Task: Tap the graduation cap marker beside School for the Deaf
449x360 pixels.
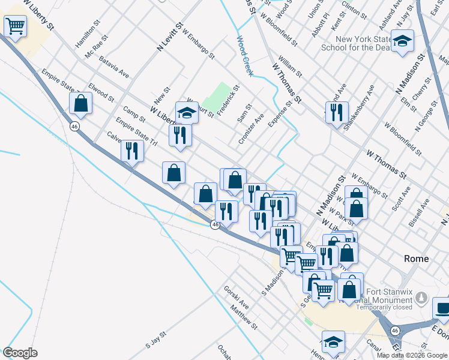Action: [402, 41]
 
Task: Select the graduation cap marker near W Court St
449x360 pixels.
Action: [187, 113]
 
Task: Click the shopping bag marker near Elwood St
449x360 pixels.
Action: [80, 103]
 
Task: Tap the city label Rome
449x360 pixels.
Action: [416, 259]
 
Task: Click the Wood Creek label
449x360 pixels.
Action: [245, 56]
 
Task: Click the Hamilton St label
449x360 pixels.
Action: [86, 38]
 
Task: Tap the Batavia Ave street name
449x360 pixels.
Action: [115, 67]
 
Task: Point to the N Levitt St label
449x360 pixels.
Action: [170, 37]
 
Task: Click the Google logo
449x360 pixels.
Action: [20, 353]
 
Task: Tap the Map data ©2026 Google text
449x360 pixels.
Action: [411, 355]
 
